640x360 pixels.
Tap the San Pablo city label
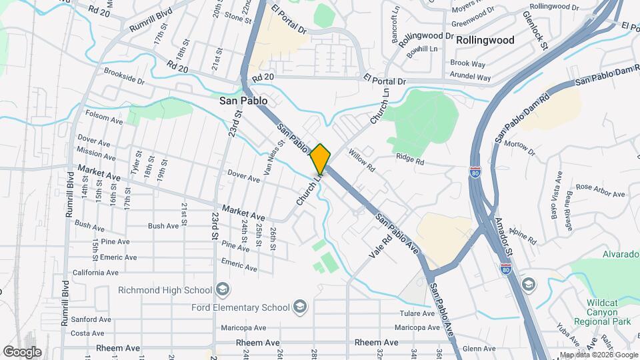click(243, 101)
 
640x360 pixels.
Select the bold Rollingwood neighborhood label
click(485, 40)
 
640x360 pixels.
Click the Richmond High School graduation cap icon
click(223, 290)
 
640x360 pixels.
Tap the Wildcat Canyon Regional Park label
click(608, 312)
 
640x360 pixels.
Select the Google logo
click(21, 352)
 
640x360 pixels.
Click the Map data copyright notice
click(598, 355)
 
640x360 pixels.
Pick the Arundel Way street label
click(470, 78)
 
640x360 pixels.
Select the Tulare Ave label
click(417, 313)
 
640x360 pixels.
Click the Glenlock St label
click(535, 30)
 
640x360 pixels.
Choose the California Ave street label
click(95, 273)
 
